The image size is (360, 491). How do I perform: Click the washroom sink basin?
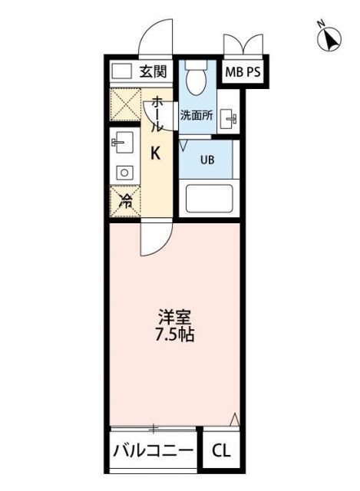pos(228,118)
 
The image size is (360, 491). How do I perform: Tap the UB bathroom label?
pos(207,160)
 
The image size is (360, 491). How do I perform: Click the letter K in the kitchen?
pos(155,153)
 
